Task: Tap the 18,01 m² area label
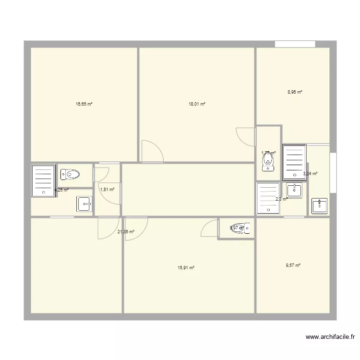(197, 104)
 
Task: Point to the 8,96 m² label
(294, 92)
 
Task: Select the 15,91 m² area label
(186, 268)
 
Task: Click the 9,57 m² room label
(293, 265)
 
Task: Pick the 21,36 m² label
(126, 232)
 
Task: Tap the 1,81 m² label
(107, 190)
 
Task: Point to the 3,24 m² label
(310, 174)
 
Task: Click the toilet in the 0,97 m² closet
(240, 228)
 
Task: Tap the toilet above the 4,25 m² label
(70, 174)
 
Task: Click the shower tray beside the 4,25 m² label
(43, 180)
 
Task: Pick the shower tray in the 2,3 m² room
(268, 198)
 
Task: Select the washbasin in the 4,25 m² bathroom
(84, 204)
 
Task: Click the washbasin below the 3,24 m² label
(320, 206)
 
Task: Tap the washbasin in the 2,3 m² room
(294, 190)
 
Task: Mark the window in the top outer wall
(295, 44)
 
